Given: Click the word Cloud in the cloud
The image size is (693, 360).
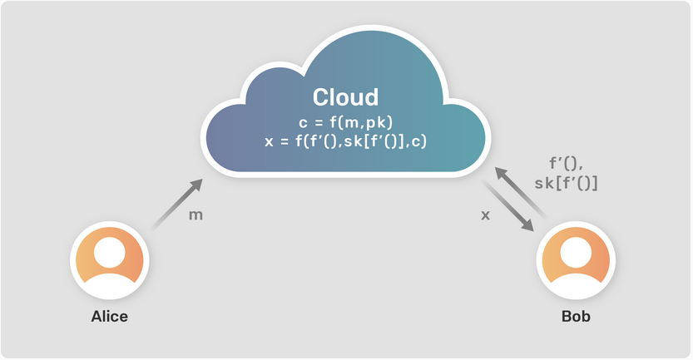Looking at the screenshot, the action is pyautogui.click(x=345, y=97).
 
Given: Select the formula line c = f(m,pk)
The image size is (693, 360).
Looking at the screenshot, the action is pyautogui.click(x=345, y=122).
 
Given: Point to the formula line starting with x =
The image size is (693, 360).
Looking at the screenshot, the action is pyautogui.click(x=345, y=141).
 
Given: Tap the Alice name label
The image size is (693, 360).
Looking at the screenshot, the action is pyautogui.click(x=110, y=316).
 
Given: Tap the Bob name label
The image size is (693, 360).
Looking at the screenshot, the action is pyautogui.click(x=576, y=316).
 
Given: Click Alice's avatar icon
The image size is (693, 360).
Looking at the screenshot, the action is pyautogui.click(x=110, y=260).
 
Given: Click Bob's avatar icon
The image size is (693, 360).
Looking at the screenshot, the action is pyautogui.click(x=576, y=260).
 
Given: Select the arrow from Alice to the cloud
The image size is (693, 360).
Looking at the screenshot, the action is pyautogui.click(x=176, y=204).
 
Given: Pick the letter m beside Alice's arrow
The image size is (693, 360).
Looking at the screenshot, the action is pyautogui.click(x=196, y=215).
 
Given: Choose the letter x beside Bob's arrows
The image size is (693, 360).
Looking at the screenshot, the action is pyautogui.click(x=485, y=215).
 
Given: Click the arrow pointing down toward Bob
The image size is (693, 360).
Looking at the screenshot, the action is pyautogui.click(x=507, y=205).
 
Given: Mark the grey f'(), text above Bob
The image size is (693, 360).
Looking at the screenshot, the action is pyautogui.click(x=567, y=164).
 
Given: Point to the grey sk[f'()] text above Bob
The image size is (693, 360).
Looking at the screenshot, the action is pyautogui.click(x=567, y=183).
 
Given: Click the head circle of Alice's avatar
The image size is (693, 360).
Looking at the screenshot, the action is pyautogui.click(x=110, y=253).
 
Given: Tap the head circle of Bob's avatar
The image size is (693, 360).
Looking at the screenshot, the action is pyautogui.click(x=576, y=253).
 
